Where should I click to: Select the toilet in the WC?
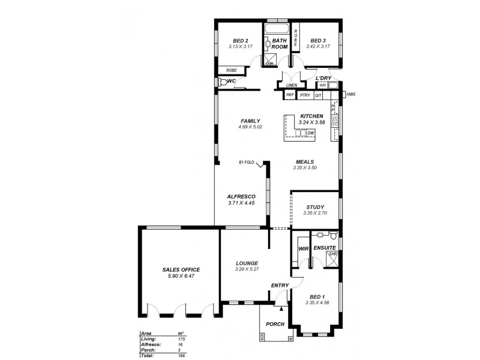[222, 83]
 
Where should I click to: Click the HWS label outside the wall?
[351, 95]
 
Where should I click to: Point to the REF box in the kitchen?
[290, 95]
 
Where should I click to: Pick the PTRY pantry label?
[305, 95]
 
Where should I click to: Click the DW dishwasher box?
[311, 133]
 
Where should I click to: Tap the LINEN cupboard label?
[292, 85]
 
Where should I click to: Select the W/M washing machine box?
[322, 85]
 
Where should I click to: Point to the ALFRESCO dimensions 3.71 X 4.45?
[242, 203]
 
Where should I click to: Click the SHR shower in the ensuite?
[332, 256]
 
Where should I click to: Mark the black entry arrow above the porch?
[281, 305]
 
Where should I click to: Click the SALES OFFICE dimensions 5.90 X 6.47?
[181, 277]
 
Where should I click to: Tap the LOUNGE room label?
[247, 263]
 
